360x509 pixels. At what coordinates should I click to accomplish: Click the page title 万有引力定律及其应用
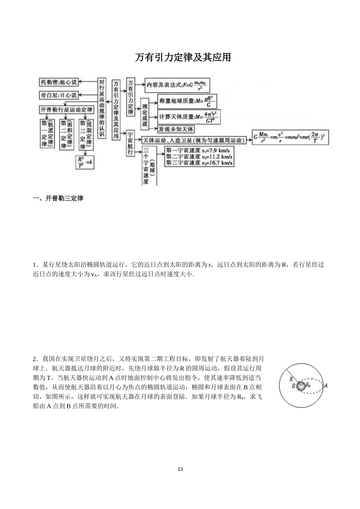(183, 57)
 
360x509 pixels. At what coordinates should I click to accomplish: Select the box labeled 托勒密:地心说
(59, 82)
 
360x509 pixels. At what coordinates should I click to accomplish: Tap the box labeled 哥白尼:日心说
(59, 95)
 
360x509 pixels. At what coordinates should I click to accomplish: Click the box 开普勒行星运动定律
(66, 110)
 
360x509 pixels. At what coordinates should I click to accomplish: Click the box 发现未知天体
(176, 129)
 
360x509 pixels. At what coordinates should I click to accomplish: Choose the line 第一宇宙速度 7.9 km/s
(199, 150)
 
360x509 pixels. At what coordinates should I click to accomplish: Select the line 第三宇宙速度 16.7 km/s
(199, 163)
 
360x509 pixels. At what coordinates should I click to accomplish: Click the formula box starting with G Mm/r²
(290, 137)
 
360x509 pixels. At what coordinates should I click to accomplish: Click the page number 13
(180, 469)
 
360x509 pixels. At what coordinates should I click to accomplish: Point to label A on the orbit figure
(326, 386)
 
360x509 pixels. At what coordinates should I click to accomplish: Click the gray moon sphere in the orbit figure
(301, 386)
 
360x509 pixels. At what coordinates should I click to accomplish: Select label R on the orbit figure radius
(291, 379)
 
